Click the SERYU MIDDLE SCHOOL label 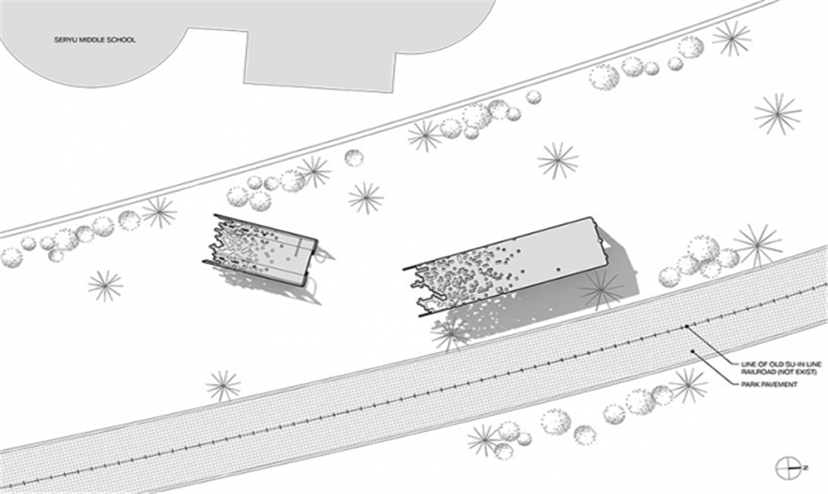[x=95, y=39]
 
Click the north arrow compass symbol [x=787, y=468]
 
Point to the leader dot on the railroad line [x=686, y=327]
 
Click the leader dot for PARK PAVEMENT [x=692, y=351]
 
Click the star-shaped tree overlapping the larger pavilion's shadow [x=601, y=290]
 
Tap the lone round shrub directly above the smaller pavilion [x=354, y=158]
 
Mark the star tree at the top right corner [x=731, y=39]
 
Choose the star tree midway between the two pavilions [x=365, y=198]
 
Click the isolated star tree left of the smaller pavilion [x=105, y=286]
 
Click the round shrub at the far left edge [x=11, y=257]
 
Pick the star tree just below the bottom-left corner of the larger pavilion [x=451, y=333]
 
